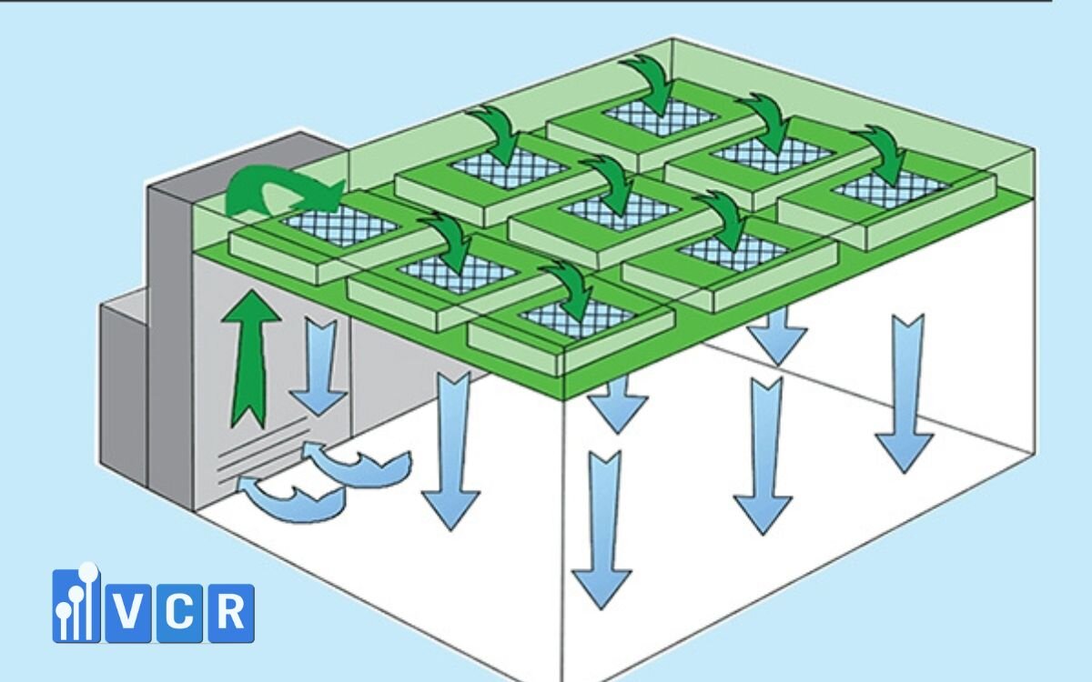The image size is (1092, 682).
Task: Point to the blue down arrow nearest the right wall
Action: [x=904, y=391]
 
